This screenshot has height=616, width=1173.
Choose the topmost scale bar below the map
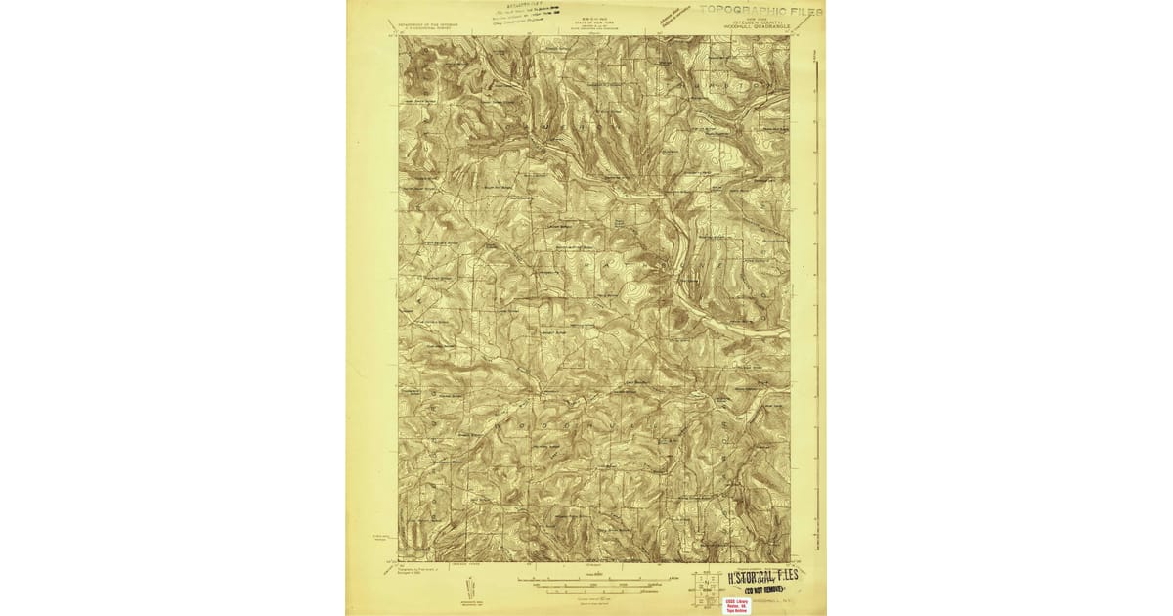(x=594, y=580)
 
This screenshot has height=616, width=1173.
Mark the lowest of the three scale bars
(x=594, y=594)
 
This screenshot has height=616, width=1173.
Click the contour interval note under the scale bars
(x=594, y=599)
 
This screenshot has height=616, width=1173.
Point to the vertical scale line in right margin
(x=816, y=293)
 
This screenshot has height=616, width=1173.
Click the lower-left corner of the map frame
(x=399, y=562)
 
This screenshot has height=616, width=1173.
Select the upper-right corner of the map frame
(x=790, y=37)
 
